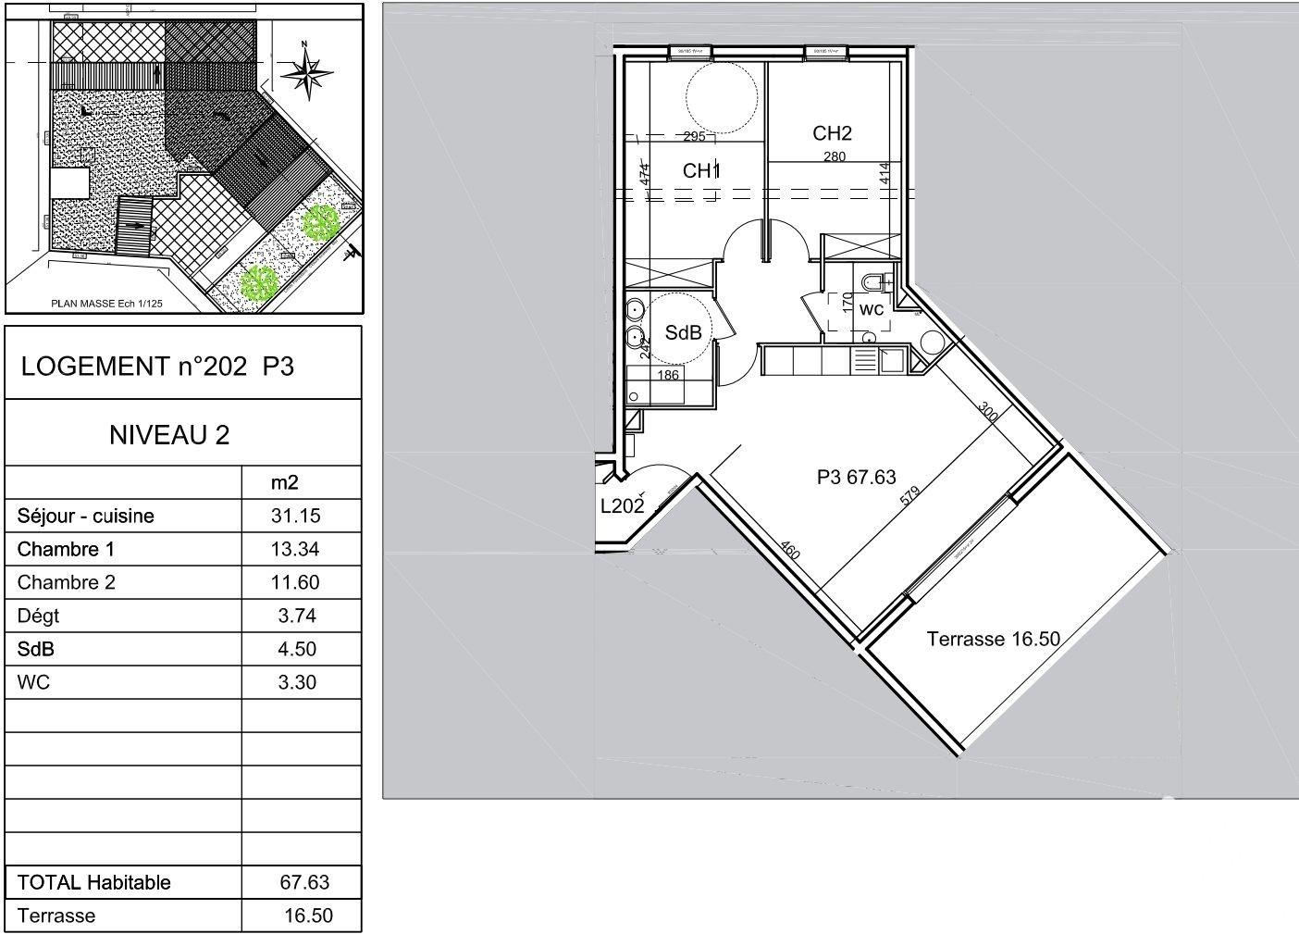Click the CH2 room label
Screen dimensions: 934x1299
[832, 133]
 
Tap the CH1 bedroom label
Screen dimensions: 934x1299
[701, 171]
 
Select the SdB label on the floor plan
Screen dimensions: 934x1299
[683, 333]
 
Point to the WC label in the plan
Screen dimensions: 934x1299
[872, 309]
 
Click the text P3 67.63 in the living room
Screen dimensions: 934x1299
[857, 478]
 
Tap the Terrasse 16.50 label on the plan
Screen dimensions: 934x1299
[993, 639]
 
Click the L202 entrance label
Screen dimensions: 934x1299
[622, 506]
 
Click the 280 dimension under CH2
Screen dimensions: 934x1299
[835, 156]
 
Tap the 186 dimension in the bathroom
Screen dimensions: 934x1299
[668, 375]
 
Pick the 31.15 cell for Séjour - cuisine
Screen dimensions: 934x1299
[298, 516]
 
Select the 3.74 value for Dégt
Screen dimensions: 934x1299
[298, 616]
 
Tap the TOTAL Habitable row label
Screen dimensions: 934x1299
[93, 882]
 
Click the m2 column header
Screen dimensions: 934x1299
[284, 482]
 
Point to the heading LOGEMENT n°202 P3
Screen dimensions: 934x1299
[157, 367]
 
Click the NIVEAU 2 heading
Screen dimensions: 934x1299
[169, 434]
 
